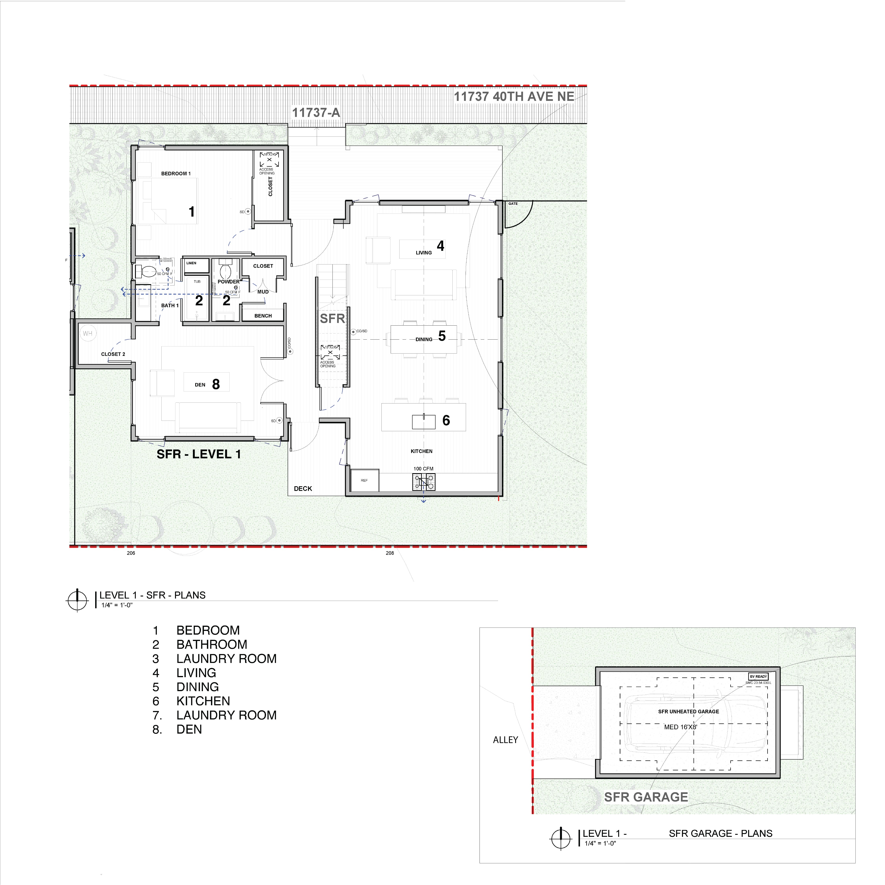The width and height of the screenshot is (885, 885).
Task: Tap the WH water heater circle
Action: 87,333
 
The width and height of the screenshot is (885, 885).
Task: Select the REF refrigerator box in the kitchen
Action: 364,481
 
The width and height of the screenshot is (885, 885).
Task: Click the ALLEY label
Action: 505,740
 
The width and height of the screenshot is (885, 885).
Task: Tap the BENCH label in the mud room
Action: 263,316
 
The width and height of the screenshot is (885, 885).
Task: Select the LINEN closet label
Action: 191,263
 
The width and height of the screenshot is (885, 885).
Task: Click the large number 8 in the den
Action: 216,384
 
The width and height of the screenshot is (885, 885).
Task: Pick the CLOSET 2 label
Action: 113,354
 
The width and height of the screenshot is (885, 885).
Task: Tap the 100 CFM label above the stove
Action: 423,469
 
